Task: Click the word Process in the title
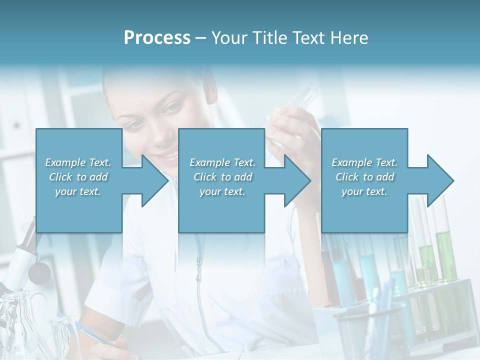157,38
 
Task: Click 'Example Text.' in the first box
78,162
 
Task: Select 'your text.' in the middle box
222,191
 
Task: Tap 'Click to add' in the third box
365,177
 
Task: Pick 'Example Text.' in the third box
365,162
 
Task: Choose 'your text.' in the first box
78,191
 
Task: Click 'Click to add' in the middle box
222,177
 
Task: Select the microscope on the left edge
20,260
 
